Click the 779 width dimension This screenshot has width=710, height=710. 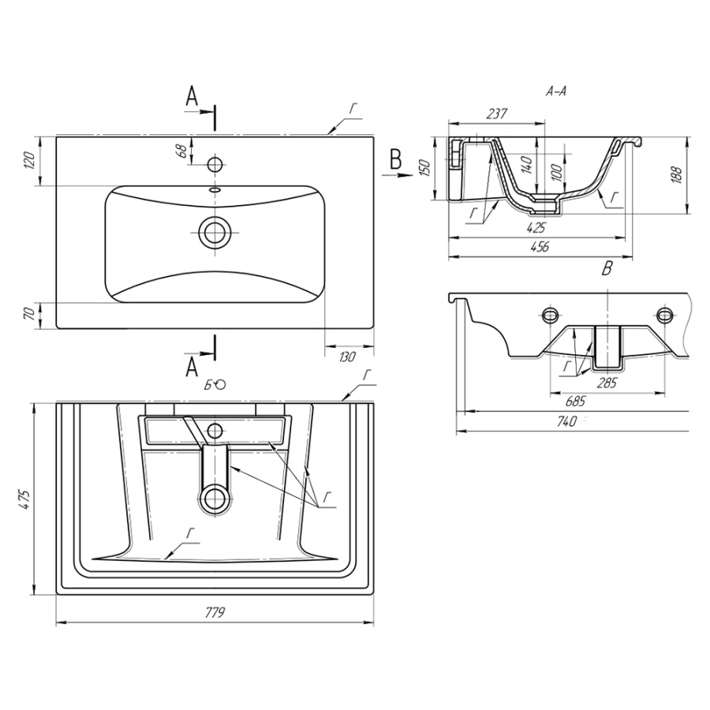click(215, 613)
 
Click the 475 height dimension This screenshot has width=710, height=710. click(26, 499)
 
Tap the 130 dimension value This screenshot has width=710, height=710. click(347, 357)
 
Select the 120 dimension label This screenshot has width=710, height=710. click(28, 160)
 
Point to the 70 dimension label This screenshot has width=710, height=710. click(28, 314)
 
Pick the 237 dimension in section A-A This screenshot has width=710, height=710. click(497, 114)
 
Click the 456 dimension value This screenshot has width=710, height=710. click(539, 247)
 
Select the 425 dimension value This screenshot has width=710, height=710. click(536, 227)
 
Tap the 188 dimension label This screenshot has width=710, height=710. click(677, 175)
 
